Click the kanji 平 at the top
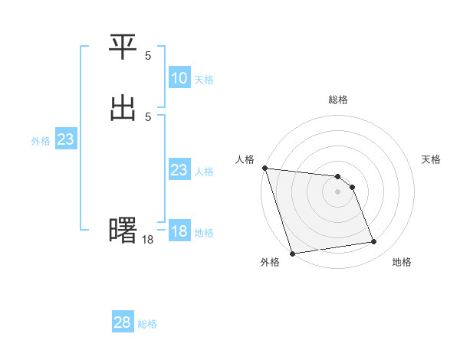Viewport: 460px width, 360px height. coord(123,48)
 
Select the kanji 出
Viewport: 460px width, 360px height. coord(123,108)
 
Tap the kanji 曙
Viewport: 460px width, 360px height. coord(123,231)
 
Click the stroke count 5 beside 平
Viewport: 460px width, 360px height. coord(148,56)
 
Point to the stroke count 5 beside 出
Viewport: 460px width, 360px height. coord(148,116)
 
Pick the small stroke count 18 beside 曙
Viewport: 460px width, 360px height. coord(148,240)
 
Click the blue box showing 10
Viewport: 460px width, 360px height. coord(179,78)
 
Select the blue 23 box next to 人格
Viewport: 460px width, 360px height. coord(179,171)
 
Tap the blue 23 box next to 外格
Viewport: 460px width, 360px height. coord(65,140)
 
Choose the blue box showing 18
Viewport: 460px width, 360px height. coord(179,231)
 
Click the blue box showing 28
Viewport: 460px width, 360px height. coord(123,322)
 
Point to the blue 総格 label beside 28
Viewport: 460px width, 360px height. coord(147,324)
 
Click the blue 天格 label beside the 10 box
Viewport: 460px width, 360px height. coord(204,80)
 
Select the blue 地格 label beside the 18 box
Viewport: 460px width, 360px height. coord(204,233)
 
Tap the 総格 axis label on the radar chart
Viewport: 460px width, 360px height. coord(338,100)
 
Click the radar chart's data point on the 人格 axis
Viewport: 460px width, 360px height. coord(264,168)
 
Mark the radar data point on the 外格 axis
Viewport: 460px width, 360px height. coord(292,253)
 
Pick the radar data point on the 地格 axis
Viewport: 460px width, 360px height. coord(374,242)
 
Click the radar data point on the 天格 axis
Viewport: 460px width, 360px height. coord(352,187)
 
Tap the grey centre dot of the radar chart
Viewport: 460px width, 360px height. coord(338,191)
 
